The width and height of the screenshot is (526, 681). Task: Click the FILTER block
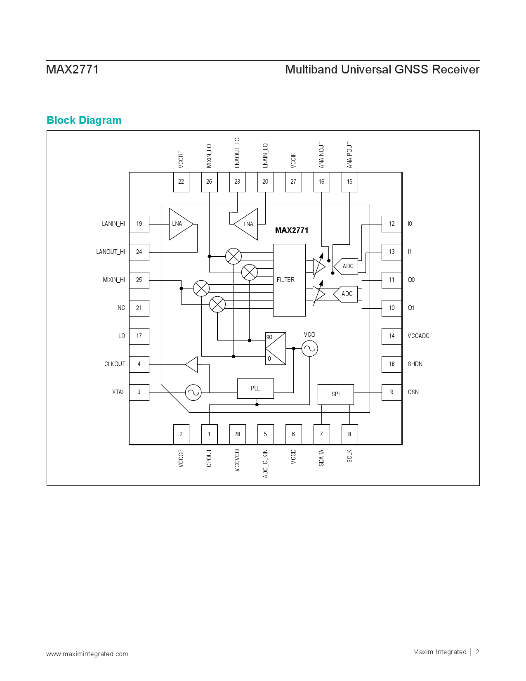point(289,280)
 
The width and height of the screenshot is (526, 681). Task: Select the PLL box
point(255,388)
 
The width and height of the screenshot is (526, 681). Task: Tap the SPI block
point(335,394)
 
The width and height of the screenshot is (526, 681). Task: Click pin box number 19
point(139,224)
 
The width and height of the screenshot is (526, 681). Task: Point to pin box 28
point(238,434)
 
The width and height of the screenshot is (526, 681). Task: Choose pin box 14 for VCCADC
point(392,336)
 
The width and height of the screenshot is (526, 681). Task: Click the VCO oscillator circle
point(309,348)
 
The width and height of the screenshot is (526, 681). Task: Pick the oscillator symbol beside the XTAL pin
point(193,393)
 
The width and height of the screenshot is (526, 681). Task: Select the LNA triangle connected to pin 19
point(181,224)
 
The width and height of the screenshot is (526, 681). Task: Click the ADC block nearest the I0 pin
point(346,266)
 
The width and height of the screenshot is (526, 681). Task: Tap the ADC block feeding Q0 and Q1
point(345,294)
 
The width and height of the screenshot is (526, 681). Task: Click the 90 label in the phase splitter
point(269,337)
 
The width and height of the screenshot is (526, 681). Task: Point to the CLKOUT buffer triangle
point(192,364)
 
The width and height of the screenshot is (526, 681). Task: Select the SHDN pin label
point(415,364)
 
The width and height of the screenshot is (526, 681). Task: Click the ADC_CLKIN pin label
point(265,463)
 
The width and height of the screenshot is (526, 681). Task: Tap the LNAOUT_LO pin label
point(237,153)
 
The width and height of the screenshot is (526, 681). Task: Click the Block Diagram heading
point(84,120)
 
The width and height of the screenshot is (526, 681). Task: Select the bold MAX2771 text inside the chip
point(292,230)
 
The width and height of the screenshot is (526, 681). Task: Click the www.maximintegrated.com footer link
point(87,654)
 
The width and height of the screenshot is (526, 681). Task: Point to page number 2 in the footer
point(477,652)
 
